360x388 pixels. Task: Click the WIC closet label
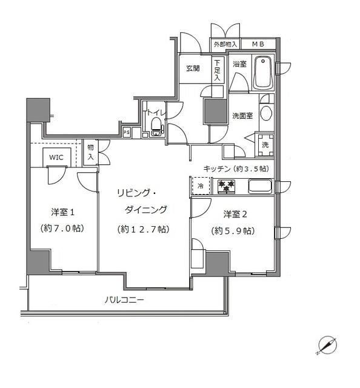click(x=56, y=156)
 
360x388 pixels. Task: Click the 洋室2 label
click(x=235, y=214)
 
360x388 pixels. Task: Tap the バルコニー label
click(x=124, y=299)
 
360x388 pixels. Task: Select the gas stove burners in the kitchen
click(x=225, y=186)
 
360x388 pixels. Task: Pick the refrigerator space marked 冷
click(x=199, y=186)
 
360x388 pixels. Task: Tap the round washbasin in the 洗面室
click(x=265, y=113)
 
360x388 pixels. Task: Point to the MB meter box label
click(x=258, y=44)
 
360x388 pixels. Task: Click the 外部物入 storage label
click(x=225, y=44)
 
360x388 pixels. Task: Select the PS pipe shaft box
click(x=127, y=132)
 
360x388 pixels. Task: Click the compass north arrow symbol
click(x=327, y=345)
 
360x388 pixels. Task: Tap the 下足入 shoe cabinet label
click(x=217, y=70)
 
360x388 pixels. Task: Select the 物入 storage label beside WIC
click(x=90, y=152)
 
